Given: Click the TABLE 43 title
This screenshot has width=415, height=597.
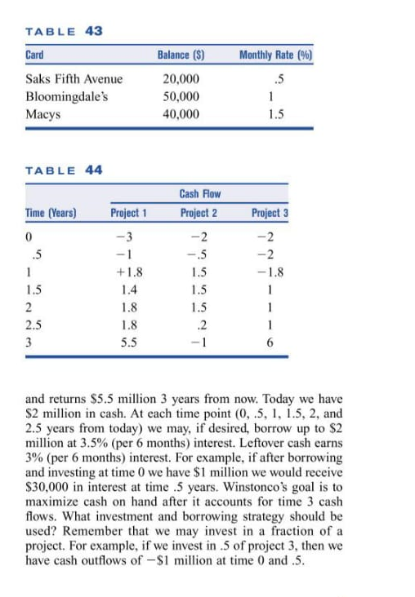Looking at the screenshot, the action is pyautogui.click(x=64, y=31).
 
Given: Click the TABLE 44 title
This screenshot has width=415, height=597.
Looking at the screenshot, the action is pyautogui.click(x=64, y=170).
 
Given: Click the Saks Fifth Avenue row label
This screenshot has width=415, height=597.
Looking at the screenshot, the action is pyautogui.click(x=74, y=79).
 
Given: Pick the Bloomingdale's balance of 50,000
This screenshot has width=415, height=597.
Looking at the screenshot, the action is pyautogui.click(x=180, y=96).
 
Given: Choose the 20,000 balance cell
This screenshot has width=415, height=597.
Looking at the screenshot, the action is pyautogui.click(x=180, y=79).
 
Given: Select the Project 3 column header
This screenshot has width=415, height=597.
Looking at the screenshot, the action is pyautogui.click(x=270, y=214).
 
